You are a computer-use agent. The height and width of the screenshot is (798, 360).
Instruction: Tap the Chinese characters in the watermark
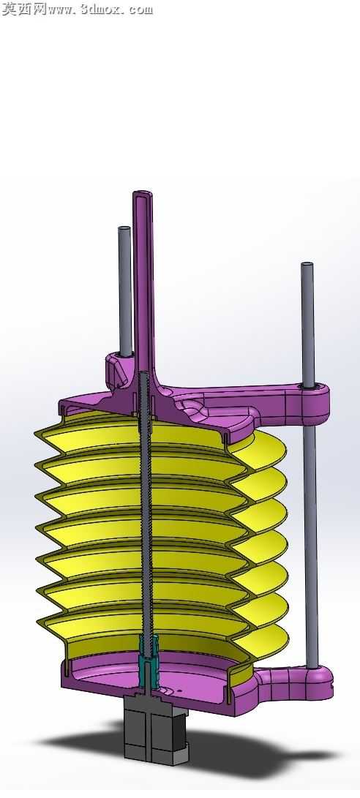[x=24, y=9]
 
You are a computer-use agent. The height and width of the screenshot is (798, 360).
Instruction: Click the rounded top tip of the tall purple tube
[x=143, y=193]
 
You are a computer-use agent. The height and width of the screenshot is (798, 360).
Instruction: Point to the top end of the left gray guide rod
[x=124, y=228]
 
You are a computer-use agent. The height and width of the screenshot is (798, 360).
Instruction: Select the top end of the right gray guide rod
[x=307, y=265]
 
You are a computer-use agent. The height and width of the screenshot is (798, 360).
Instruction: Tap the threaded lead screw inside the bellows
[x=146, y=514]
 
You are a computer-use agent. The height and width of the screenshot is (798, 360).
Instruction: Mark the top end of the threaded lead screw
[x=144, y=373]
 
